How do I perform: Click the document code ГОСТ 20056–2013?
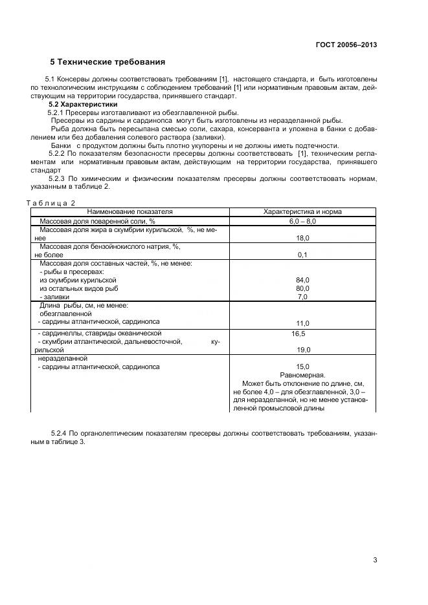(x=346, y=45)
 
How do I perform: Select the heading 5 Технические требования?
(x=107, y=62)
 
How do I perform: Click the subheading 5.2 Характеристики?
(x=83, y=104)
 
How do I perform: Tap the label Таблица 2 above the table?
(x=51, y=203)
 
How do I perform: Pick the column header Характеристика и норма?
(x=302, y=211)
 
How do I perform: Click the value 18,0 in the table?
(x=302, y=238)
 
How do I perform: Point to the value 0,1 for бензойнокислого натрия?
(x=302, y=255)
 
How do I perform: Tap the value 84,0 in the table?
(x=302, y=280)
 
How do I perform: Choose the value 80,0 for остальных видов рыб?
(x=302, y=288)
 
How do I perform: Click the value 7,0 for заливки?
(x=302, y=297)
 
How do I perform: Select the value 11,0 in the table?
(x=302, y=323)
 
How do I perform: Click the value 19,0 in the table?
(x=302, y=350)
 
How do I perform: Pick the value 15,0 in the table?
(x=302, y=366)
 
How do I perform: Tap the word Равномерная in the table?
(x=302, y=375)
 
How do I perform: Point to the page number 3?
(x=375, y=560)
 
